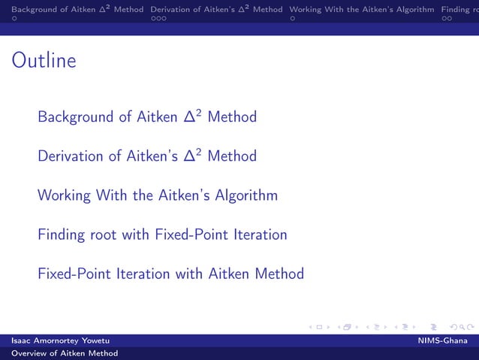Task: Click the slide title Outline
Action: coord(44,61)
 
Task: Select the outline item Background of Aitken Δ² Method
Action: coord(147,117)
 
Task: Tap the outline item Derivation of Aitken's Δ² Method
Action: coord(147,156)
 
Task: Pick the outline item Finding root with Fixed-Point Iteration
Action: coord(162,235)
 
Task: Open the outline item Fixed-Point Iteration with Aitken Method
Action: coord(170,274)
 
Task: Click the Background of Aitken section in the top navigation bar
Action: coord(72,10)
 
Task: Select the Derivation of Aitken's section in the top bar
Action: coord(216,10)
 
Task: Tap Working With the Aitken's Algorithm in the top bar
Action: coord(361,10)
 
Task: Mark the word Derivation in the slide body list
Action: coord(71,156)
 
